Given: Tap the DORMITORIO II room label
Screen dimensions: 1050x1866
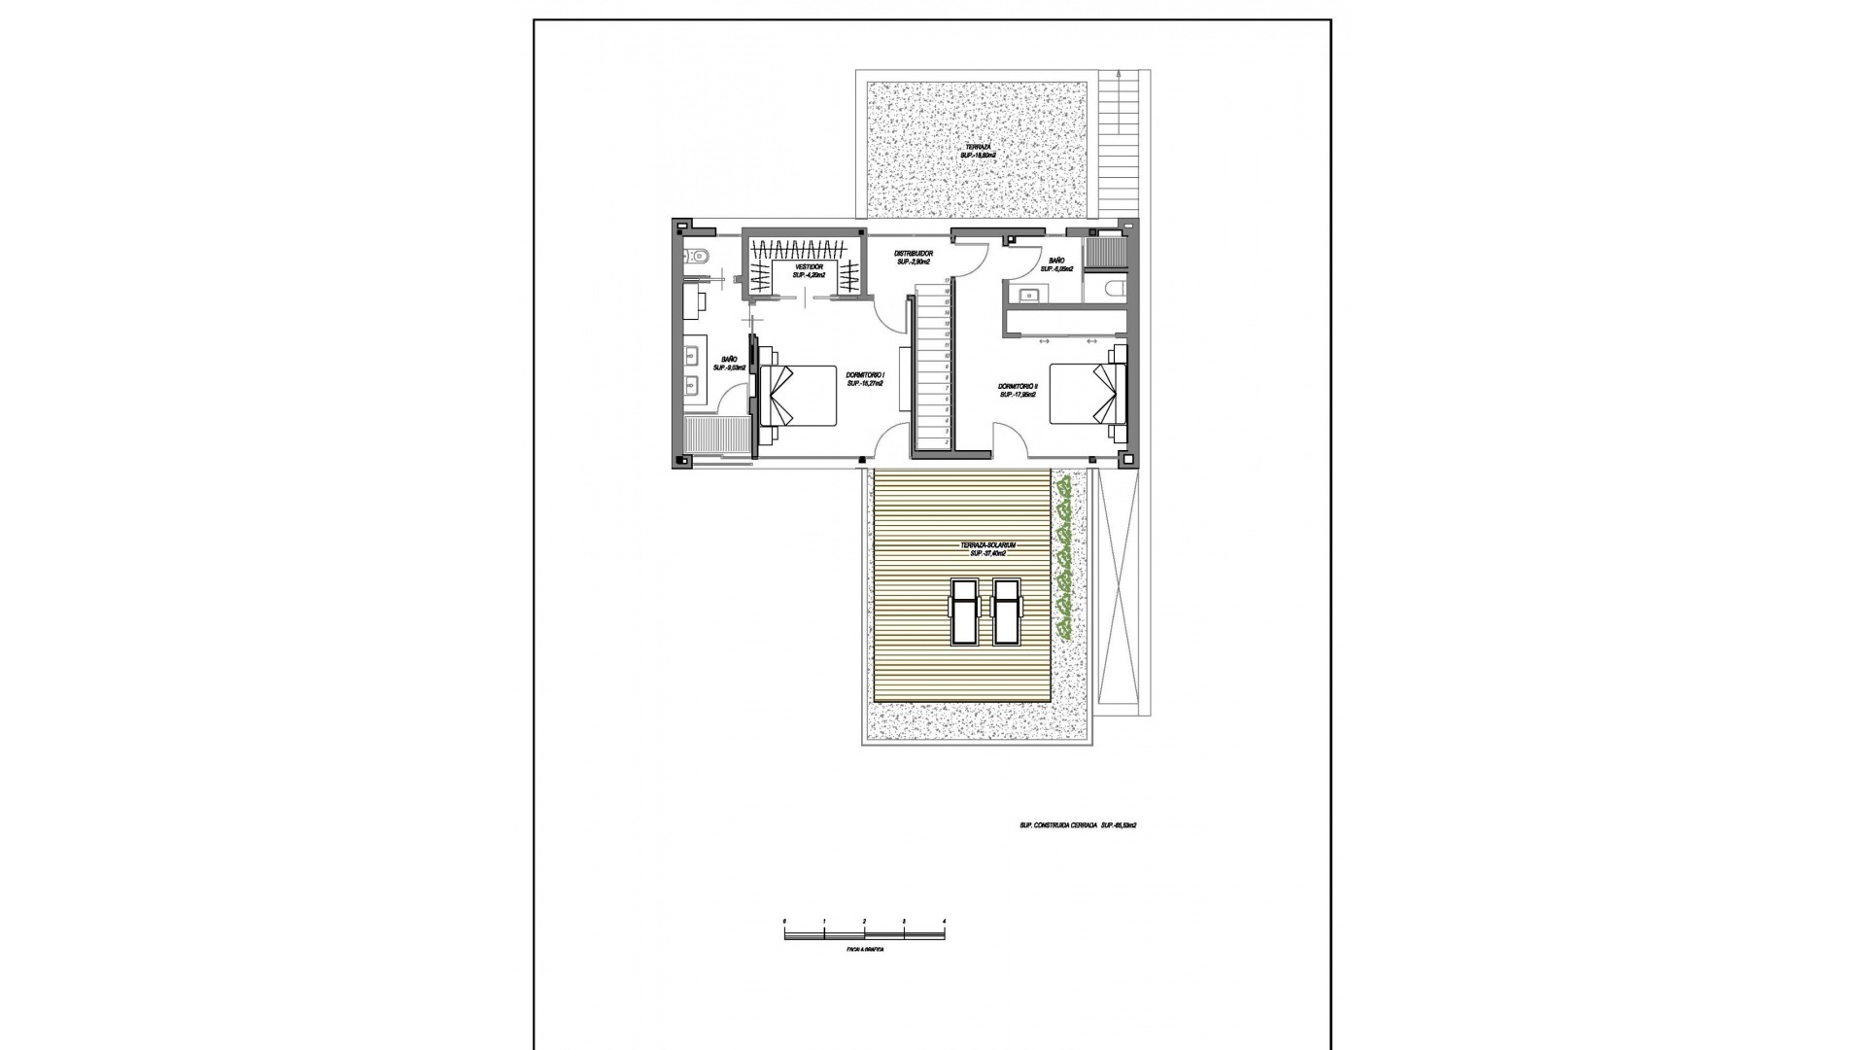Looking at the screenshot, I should pos(1018,386).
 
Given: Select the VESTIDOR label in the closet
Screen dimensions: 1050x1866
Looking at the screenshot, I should pos(809,266).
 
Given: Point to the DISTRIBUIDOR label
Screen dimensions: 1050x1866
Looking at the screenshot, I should pos(914,254).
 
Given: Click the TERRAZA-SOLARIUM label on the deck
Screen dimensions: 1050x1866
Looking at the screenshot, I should pos(987,546).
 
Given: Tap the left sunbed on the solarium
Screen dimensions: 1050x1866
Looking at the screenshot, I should pos(963,612).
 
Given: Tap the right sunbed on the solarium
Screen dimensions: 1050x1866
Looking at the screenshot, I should pos(1005,612).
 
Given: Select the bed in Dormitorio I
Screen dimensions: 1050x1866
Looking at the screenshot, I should pos(799,395).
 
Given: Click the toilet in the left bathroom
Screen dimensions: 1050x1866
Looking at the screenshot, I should pos(699,258).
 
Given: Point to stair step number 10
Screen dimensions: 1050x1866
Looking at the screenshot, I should pos(947,357).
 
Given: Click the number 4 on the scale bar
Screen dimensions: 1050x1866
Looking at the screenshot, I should pos(944,920).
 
